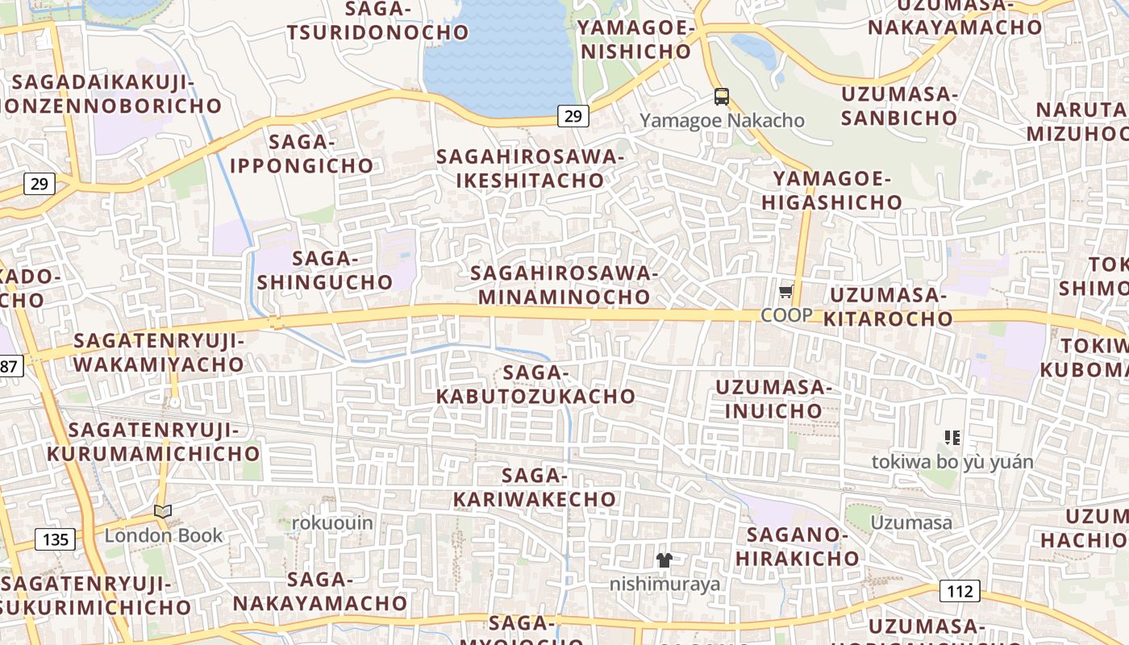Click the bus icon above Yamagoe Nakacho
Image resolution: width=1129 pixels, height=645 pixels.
[722, 97]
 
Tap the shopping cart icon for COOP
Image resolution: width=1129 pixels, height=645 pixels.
[786, 291]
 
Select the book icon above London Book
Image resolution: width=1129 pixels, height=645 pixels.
[163, 511]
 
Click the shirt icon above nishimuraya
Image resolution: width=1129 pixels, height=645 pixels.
[664, 560]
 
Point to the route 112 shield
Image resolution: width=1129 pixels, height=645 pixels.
[960, 591]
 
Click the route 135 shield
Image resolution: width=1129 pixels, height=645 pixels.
[55, 539]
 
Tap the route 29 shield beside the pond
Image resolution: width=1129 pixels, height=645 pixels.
[573, 116]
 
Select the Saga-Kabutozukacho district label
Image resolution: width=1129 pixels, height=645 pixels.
[536, 385]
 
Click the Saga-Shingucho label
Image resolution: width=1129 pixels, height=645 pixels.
[325, 271]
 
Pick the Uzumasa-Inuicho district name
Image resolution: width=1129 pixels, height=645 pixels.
[773, 399]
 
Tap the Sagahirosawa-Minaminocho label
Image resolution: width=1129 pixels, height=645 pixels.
[564, 285]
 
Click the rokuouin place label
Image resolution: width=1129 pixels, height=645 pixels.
[332, 523]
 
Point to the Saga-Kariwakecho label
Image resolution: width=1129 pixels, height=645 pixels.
[535, 488]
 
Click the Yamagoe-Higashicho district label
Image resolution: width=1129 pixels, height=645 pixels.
[831, 190]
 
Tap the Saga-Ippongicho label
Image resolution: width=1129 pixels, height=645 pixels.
[302, 154]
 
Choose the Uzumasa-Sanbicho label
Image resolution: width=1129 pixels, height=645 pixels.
[899, 106]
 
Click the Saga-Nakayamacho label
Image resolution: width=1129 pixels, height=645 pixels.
[320, 591]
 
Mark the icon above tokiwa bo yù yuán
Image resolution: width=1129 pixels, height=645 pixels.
[952, 438]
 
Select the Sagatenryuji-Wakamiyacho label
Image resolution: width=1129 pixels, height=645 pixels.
[158, 352]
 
